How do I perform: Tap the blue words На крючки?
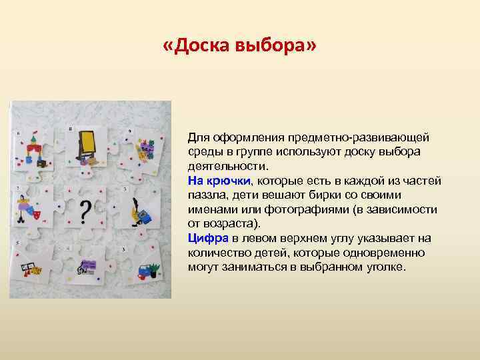[x=219, y=181]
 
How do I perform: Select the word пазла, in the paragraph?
[x=204, y=195]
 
